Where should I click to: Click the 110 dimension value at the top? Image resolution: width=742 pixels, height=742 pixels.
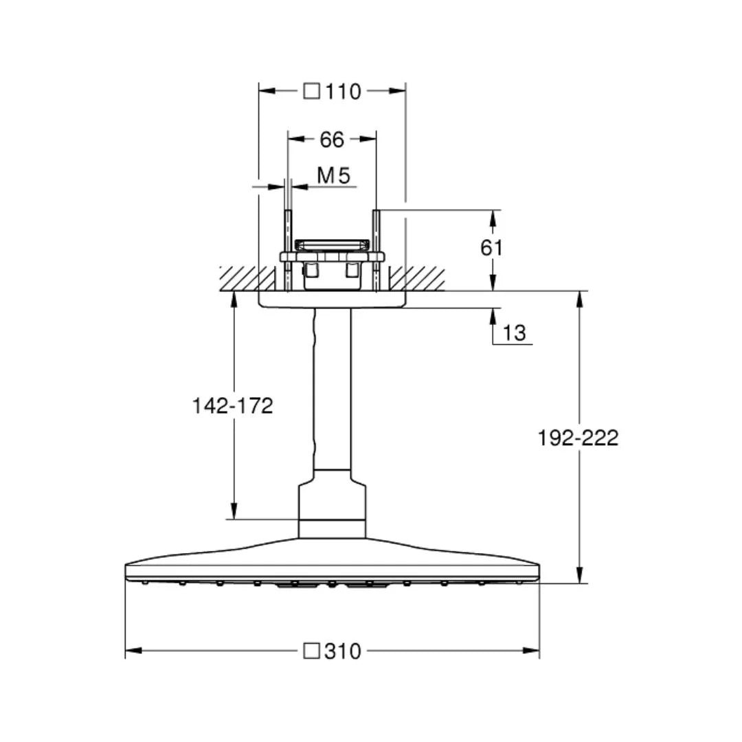coord(343,91)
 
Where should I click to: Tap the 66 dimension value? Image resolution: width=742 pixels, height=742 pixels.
coord(332,139)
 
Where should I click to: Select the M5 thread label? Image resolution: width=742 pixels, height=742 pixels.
coord(334,176)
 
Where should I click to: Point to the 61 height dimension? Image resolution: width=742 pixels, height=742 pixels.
coord(491,247)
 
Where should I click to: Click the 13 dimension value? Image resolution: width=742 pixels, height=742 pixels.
coord(514,333)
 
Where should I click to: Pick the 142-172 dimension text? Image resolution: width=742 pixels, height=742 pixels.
coord(233,406)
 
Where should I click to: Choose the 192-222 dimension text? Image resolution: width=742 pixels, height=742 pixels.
coord(578,438)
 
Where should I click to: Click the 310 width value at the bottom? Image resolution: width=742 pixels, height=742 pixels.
coord(343,651)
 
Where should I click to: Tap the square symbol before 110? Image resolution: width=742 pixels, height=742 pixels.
coord(311,91)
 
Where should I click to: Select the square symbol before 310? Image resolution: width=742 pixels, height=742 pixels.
coord(311,651)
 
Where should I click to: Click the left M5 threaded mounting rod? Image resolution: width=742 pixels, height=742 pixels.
coord(287,250)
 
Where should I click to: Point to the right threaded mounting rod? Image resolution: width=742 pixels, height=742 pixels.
coord(376,250)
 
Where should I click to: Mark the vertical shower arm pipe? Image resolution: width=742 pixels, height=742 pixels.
coord(333,389)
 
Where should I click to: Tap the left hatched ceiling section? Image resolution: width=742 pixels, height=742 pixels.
coord(248,279)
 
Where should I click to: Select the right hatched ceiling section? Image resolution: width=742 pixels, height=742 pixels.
coord(417,279)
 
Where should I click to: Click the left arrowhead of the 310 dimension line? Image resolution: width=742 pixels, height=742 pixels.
coord(133,651)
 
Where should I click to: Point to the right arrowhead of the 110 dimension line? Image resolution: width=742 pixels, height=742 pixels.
coord(398,91)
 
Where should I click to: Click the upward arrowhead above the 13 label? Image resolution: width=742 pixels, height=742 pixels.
coord(493,317)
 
